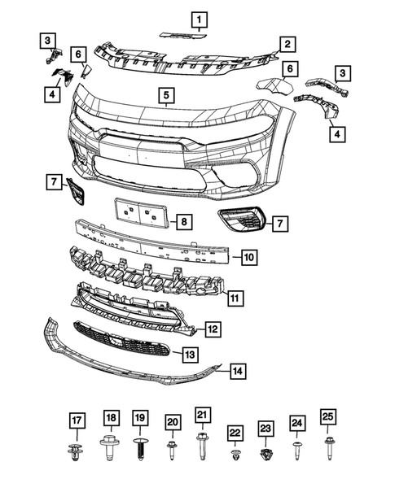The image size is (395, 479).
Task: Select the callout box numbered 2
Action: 287,43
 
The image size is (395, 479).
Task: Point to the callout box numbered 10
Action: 249,258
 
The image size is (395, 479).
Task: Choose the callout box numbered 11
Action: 234,298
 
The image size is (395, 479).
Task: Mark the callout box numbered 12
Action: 211,329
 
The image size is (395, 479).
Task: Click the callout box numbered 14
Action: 237,371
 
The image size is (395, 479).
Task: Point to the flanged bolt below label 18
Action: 109,447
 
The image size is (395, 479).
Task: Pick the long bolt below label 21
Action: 202,446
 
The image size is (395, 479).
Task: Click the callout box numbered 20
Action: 172,421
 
